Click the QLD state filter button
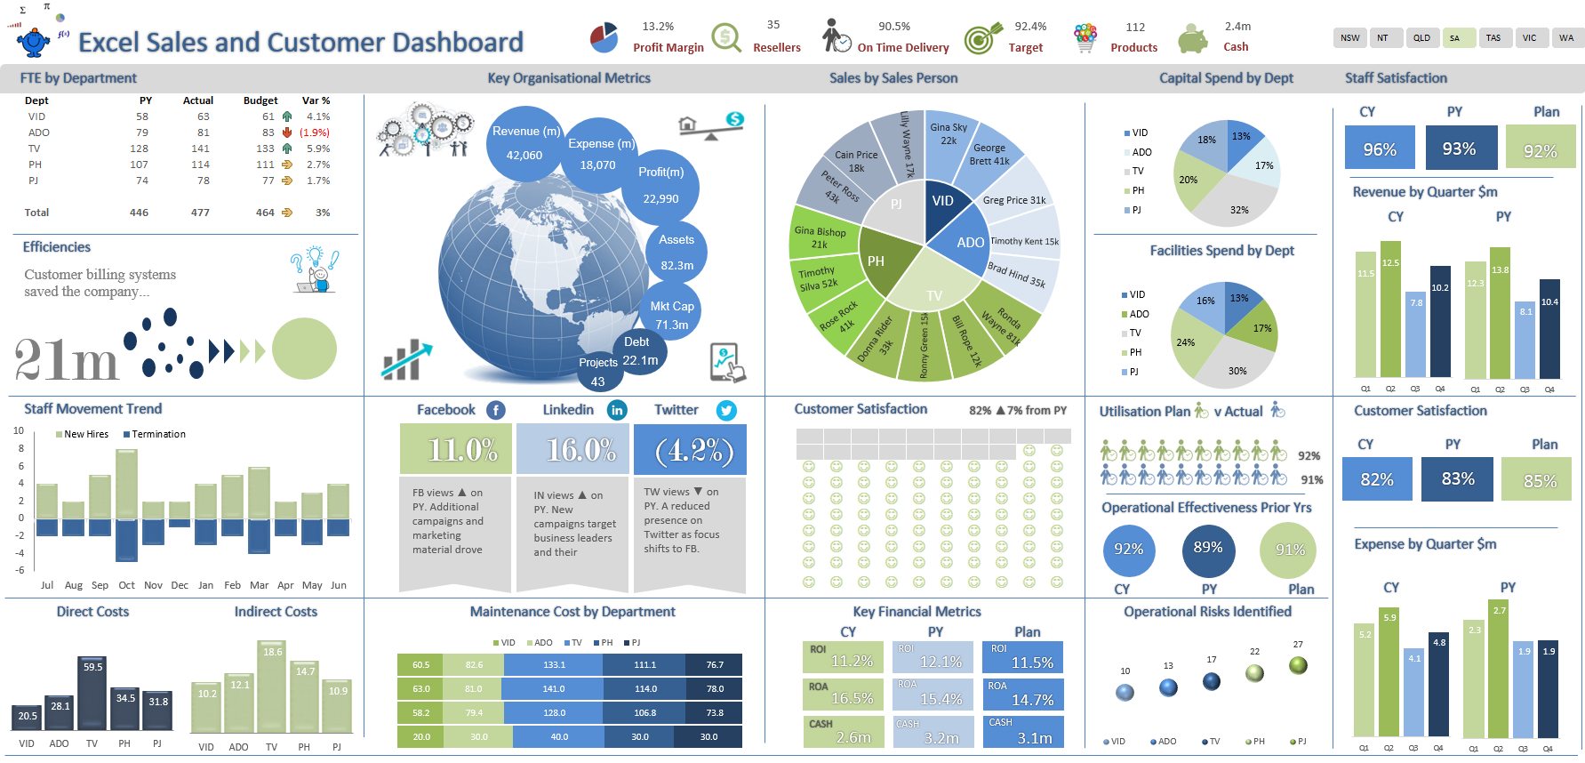[1422, 37]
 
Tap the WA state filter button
[1566, 37]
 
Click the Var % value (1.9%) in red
[315, 133]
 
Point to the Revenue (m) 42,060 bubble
[524, 143]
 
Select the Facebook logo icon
[496, 410]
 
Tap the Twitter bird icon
[726, 410]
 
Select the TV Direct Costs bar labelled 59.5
[92, 694]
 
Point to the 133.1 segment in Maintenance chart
[554, 664]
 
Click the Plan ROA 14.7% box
[1022, 695]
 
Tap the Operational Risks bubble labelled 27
[1298, 665]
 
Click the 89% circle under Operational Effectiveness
[1207, 549]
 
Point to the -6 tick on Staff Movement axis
[20, 570]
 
